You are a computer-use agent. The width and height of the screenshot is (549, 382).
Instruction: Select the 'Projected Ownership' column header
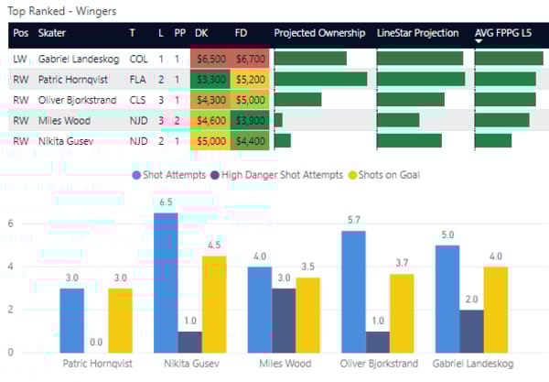click(319, 34)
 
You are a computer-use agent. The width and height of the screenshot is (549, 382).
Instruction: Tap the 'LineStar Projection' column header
click(418, 34)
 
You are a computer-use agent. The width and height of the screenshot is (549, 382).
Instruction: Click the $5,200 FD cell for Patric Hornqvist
click(250, 79)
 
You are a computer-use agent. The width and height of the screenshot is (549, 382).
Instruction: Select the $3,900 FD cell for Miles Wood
click(250, 120)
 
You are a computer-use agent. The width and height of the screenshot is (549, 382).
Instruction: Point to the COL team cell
click(138, 59)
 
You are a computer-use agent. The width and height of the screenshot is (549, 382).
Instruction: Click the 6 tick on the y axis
click(9, 224)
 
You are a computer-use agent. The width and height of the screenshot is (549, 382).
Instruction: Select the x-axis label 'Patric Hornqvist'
click(96, 364)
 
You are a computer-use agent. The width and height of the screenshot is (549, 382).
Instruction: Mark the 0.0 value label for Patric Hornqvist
click(96, 342)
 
